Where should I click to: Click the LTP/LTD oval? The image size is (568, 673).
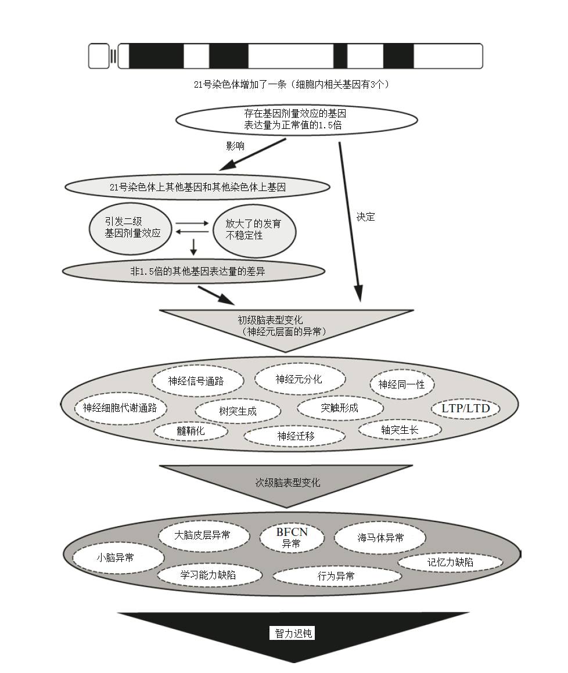point(466,408)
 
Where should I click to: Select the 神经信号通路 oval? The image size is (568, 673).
point(196,382)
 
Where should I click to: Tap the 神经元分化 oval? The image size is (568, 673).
point(299,379)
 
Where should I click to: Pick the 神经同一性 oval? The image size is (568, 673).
point(401,384)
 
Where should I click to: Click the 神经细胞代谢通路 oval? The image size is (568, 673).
point(120,408)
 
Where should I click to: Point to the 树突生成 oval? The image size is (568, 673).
point(238,411)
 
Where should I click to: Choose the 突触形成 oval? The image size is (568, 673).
point(340,408)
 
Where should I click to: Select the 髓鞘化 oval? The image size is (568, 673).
point(190,431)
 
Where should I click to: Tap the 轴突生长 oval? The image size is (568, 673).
point(400,430)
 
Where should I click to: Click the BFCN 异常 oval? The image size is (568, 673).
point(292,537)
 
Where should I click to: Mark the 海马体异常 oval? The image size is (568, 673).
point(380,538)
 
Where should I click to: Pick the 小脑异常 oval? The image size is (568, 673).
point(118,557)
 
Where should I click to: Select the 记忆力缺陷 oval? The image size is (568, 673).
point(450,562)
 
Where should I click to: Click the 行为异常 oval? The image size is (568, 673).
point(336,576)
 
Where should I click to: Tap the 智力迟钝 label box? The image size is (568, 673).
point(293,633)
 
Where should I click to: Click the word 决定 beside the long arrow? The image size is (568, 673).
point(366,217)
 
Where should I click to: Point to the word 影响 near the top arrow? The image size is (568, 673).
point(235,146)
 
